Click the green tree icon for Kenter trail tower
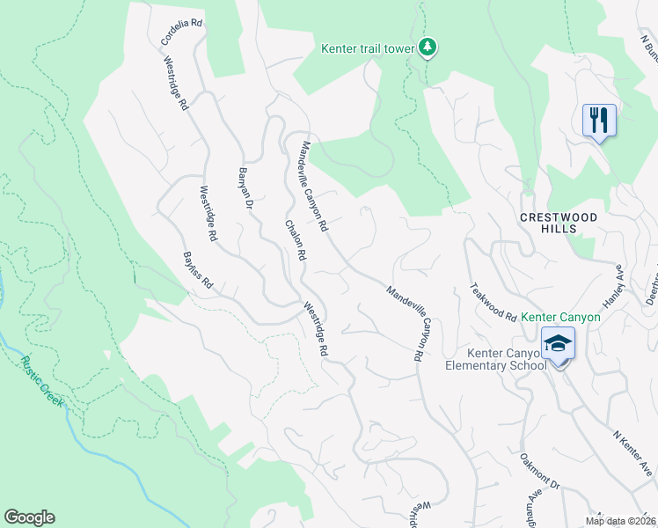point(427,47)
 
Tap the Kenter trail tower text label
point(367,49)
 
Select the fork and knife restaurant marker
point(599,120)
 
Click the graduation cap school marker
point(558,343)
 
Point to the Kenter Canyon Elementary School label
point(496,359)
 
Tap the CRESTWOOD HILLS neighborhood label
point(559,223)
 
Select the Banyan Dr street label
point(246,187)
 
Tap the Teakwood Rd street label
point(493,301)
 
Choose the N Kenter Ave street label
point(632,449)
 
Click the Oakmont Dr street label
point(539,471)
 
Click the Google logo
point(29,517)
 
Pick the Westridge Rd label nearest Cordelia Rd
point(176,83)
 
